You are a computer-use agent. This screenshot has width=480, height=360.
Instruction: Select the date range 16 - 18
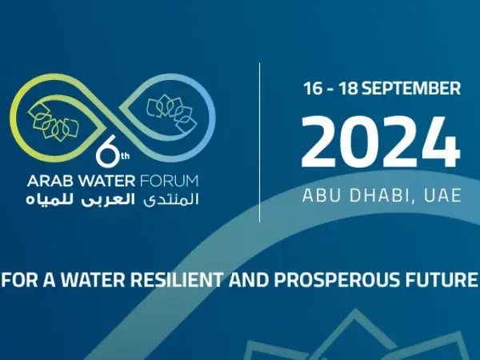click(329, 89)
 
